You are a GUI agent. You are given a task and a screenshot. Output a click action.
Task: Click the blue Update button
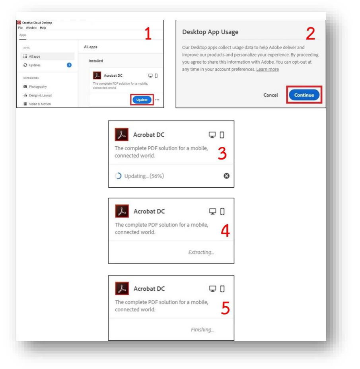click(x=142, y=100)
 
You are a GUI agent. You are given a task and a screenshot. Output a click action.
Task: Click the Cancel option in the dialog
click(x=270, y=95)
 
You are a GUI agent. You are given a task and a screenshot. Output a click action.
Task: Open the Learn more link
click(x=267, y=69)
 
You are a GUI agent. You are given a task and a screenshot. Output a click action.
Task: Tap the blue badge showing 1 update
click(x=69, y=65)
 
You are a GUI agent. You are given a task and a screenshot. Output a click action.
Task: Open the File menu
click(x=20, y=28)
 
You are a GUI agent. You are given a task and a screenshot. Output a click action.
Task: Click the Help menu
click(x=43, y=28)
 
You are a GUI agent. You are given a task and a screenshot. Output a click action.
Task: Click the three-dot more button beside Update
click(x=157, y=100)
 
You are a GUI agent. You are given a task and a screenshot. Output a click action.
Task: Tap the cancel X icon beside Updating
click(x=226, y=176)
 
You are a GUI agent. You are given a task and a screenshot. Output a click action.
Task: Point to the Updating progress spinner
click(x=118, y=176)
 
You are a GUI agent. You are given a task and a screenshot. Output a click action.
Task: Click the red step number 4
click(x=225, y=231)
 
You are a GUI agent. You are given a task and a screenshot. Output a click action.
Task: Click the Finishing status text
click(x=202, y=330)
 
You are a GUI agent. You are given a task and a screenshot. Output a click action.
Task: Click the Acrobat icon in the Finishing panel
click(x=122, y=288)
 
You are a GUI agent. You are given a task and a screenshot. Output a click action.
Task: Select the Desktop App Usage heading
click(x=210, y=32)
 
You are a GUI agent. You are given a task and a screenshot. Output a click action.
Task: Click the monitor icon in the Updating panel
click(x=212, y=135)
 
